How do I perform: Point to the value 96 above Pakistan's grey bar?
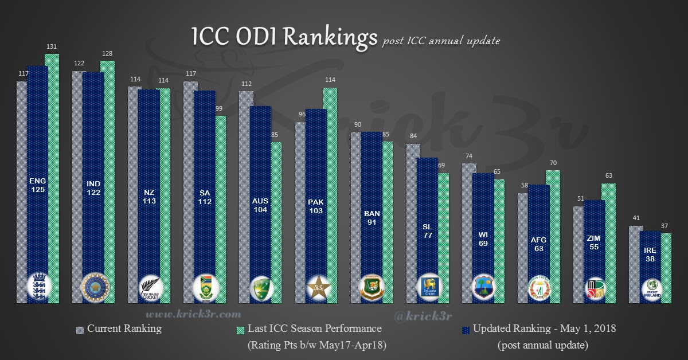(x=300, y=115)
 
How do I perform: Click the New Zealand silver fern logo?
(x=150, y=287)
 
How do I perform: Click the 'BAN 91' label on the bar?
(x=372, y=218)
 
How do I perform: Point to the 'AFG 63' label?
(x=538, y=245)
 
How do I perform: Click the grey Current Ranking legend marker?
(x=80, y=330)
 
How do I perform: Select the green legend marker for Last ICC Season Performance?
(x=240, y=330)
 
